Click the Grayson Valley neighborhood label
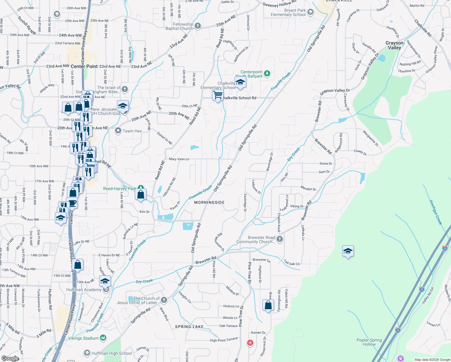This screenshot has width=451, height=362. [394, 45]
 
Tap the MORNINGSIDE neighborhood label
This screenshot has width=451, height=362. [209, 202]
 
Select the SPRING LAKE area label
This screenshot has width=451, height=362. [189, 327]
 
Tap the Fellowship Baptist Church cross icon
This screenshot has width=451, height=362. [198, 26]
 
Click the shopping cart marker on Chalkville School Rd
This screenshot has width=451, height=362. [218, 95]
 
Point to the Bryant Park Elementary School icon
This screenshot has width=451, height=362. [311, 12]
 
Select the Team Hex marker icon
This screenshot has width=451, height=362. [118, 131]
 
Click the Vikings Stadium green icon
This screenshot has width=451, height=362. [103, 338]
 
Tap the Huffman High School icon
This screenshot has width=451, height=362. [87, 353]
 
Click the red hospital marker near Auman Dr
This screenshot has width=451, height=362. [250, 343]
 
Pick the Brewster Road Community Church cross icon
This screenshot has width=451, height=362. [280, 239]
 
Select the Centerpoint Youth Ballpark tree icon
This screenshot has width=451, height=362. [267, 73]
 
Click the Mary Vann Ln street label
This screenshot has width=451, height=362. [179, 159]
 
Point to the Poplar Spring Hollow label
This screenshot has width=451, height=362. [369, 342]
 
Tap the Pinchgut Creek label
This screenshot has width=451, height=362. [436, 212]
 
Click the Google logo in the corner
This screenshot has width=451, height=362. [10, 358]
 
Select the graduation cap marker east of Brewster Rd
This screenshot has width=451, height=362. [348, 251]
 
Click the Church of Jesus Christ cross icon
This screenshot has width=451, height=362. [164, 300]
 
